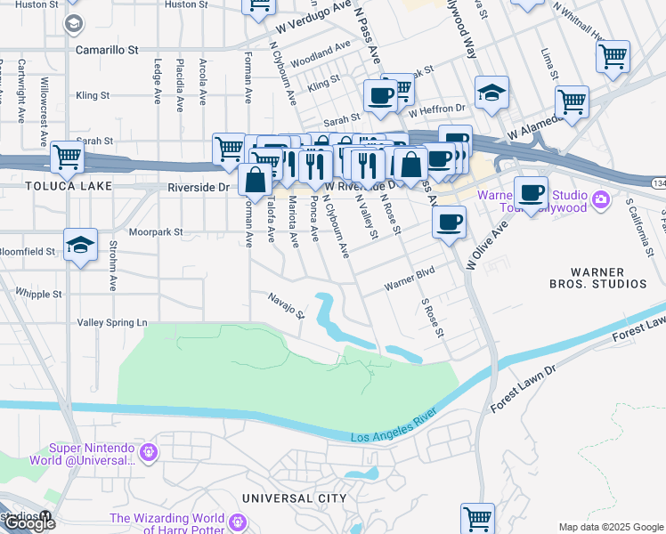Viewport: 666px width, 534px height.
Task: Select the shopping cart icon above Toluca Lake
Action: click(68, 158)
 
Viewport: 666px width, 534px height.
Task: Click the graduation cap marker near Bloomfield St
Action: click(80, 245)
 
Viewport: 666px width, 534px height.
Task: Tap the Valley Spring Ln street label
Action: click(112, 322)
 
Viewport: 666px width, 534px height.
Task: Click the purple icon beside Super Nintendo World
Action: click(149, 453)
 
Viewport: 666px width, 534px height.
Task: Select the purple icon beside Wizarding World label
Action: click(237, 522)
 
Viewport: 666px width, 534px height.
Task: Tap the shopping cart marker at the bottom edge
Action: click(477, 517)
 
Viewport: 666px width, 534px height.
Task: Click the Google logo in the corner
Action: click(28, 523)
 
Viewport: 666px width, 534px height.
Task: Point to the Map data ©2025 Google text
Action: click(610, 527)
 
